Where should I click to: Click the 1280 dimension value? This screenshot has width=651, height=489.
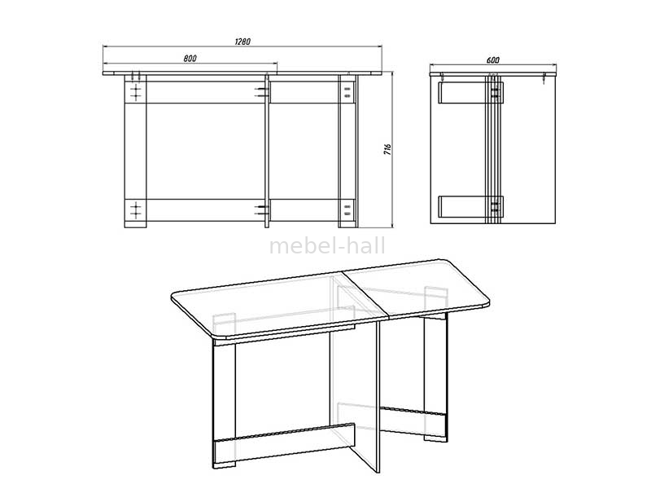(x=242, y=42)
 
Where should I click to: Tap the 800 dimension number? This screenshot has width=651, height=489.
(x=190, y=59)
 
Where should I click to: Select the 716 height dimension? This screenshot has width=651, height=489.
(x=387, y=150)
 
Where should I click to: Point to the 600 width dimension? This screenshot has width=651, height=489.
(x=492, y=60)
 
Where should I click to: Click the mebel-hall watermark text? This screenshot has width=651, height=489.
(x=327, y=246)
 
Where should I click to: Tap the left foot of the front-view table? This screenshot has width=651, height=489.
(x=135, y=224)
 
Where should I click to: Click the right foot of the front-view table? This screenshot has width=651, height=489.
(x=348, y=224)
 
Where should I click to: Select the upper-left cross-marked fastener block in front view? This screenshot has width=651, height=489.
(x=135, y=92)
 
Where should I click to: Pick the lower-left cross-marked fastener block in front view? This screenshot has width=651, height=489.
(x=135, y=209)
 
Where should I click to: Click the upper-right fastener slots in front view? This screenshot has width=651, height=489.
(x=347, y=92)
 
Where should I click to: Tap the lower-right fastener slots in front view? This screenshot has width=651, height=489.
(x=347, y=209)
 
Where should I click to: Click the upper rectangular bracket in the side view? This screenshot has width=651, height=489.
(x=471, y=92)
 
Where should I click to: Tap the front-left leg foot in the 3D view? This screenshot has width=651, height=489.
(x=224, y=465)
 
